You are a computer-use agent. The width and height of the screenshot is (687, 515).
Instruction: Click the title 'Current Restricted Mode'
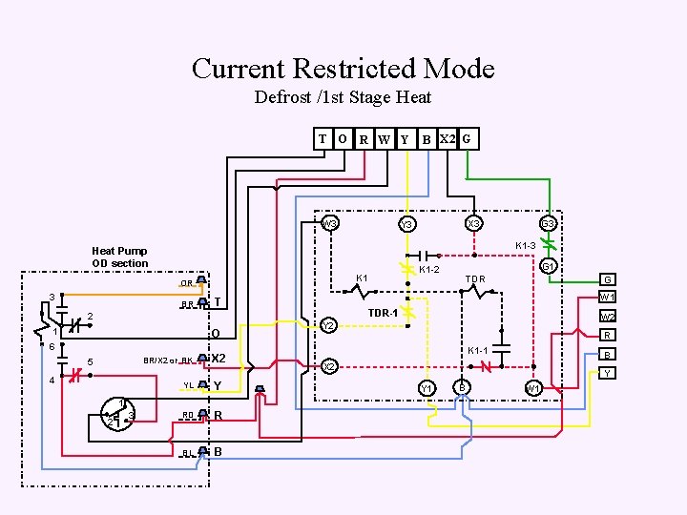(343, 69)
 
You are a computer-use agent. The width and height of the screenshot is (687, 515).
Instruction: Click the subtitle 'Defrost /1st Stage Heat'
(343, 97)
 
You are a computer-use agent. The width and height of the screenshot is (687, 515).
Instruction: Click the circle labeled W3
(329, 224)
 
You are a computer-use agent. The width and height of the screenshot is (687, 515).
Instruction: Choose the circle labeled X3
(473, 224)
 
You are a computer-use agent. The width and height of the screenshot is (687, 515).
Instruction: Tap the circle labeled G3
(548, 224)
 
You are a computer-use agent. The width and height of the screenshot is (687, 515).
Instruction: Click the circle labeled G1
(548, 267)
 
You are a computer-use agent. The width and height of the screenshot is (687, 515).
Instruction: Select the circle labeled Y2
(327, 325)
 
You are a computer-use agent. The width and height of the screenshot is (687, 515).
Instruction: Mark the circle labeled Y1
(427, 387)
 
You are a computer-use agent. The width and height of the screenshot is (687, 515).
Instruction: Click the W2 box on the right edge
(607, 317)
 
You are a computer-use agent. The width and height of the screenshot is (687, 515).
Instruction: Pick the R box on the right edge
(607, 336)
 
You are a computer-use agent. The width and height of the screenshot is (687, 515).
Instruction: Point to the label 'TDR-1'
(383, 313)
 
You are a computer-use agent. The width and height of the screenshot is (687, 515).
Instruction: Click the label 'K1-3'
(526, 246)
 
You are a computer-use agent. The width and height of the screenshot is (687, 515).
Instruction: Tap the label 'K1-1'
(478, 351)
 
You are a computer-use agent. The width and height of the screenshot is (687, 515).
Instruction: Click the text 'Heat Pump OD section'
(120, 257)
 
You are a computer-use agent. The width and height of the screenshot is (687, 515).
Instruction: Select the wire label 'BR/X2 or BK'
(168, 360)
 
